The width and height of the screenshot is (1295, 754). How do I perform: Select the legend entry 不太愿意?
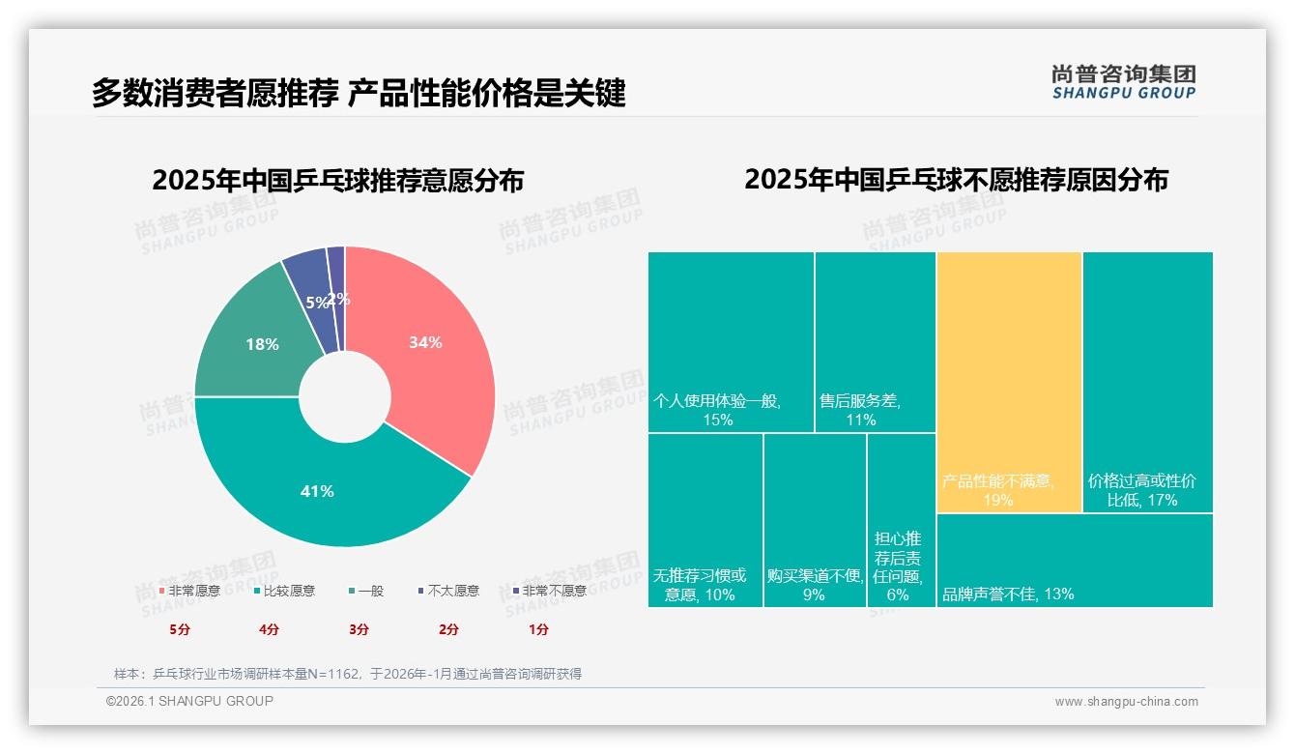pyautogui.click(x=452, y=591)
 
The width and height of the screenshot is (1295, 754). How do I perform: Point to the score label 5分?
pyautogui.click(x=180, y=629)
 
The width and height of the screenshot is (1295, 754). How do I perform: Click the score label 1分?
pyautogui.click(x=538, y=629)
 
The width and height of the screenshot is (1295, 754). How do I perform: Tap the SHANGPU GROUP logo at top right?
pyautogui.click(x=1123, y=82)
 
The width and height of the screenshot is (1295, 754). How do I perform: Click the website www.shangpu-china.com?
pyautogui.click(x=1126, y=702)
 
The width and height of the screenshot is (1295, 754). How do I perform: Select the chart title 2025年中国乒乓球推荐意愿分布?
pyautogui.click(x=338, y=181)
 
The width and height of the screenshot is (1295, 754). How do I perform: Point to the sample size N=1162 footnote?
pyautogui.click(x=348, y=674)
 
